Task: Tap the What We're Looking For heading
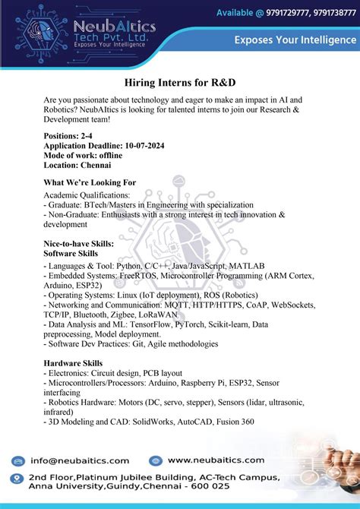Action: pos(90,182)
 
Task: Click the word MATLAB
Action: pos(245,267)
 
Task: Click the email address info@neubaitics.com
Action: pos(81,460)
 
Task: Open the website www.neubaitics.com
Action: pos(216,460)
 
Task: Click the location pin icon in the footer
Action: pos(15,479)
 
